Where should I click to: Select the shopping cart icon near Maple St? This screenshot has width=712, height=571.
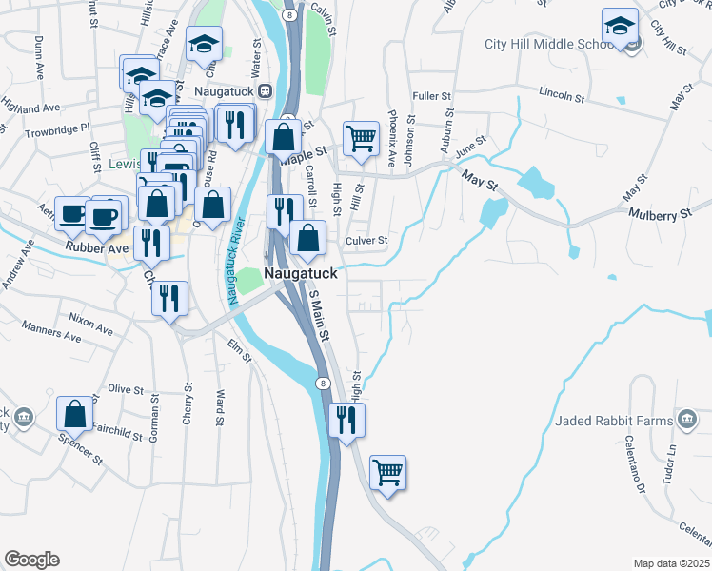(361, 139)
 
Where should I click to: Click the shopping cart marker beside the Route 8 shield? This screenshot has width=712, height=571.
(387, 472)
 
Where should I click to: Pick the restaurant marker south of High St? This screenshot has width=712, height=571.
(346, 420)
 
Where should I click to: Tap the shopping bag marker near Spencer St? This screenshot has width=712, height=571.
(75, 414)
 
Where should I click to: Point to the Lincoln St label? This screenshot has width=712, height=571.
(561, 95)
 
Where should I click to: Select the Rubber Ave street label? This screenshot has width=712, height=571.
(90, 249)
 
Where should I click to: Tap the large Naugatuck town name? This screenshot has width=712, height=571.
(301, 272)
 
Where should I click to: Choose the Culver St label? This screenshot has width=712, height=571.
(366, 241)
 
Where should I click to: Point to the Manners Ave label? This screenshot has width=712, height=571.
(59, 335)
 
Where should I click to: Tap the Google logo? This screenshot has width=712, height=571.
(31, 560)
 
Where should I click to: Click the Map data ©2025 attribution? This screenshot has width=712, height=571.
(671, 563)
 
